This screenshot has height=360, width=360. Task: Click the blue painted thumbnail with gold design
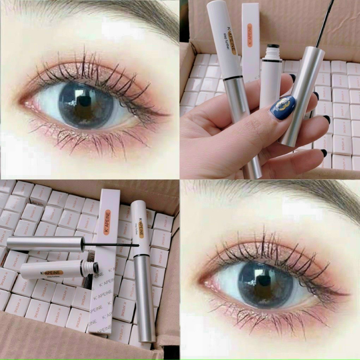coord(283,108)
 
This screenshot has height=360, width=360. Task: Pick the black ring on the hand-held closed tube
coord(233,78)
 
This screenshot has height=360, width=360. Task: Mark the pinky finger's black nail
coord(324,153)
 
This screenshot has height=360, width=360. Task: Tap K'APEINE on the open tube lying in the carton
coord(52,273)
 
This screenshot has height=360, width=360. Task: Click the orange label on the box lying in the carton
coord(107,222)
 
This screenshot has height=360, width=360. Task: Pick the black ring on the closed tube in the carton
coord(142,255)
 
